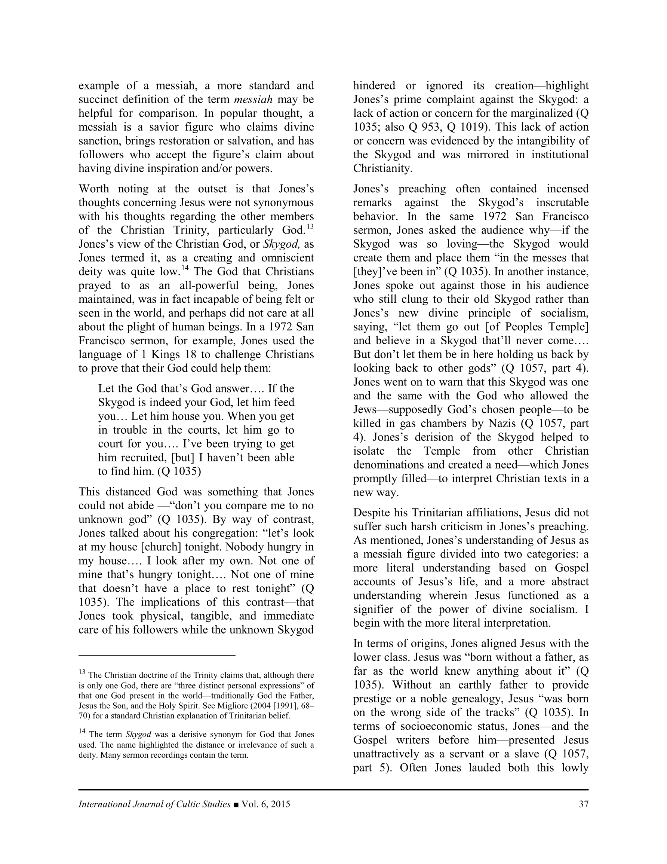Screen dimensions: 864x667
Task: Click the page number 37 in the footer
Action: point(583,804)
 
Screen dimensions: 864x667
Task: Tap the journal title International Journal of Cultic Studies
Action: point(154,804)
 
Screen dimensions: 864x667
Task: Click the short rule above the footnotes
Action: point(157,656)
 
